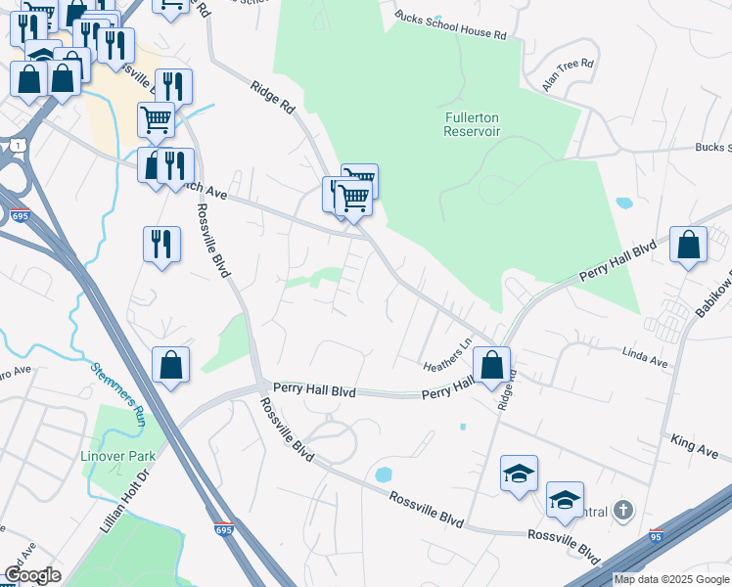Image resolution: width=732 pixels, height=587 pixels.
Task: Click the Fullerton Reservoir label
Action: (x=473, y=124)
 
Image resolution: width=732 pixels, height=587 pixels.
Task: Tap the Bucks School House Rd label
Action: (x=450, y=25)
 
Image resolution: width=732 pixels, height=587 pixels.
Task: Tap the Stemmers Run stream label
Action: (x=119, y=394)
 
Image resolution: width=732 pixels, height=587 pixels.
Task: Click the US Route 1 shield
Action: (x=17, y=145)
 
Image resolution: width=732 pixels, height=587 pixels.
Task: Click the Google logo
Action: (x=32, y=575)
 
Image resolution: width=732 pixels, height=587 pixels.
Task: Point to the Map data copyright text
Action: (x=671, y=579)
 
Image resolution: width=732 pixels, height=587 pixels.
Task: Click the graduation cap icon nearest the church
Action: (x=565, y=501)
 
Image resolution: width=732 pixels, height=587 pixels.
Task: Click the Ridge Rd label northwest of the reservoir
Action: (x=273, y=100)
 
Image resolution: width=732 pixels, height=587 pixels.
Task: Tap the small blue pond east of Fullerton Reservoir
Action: (x=623, y=203)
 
